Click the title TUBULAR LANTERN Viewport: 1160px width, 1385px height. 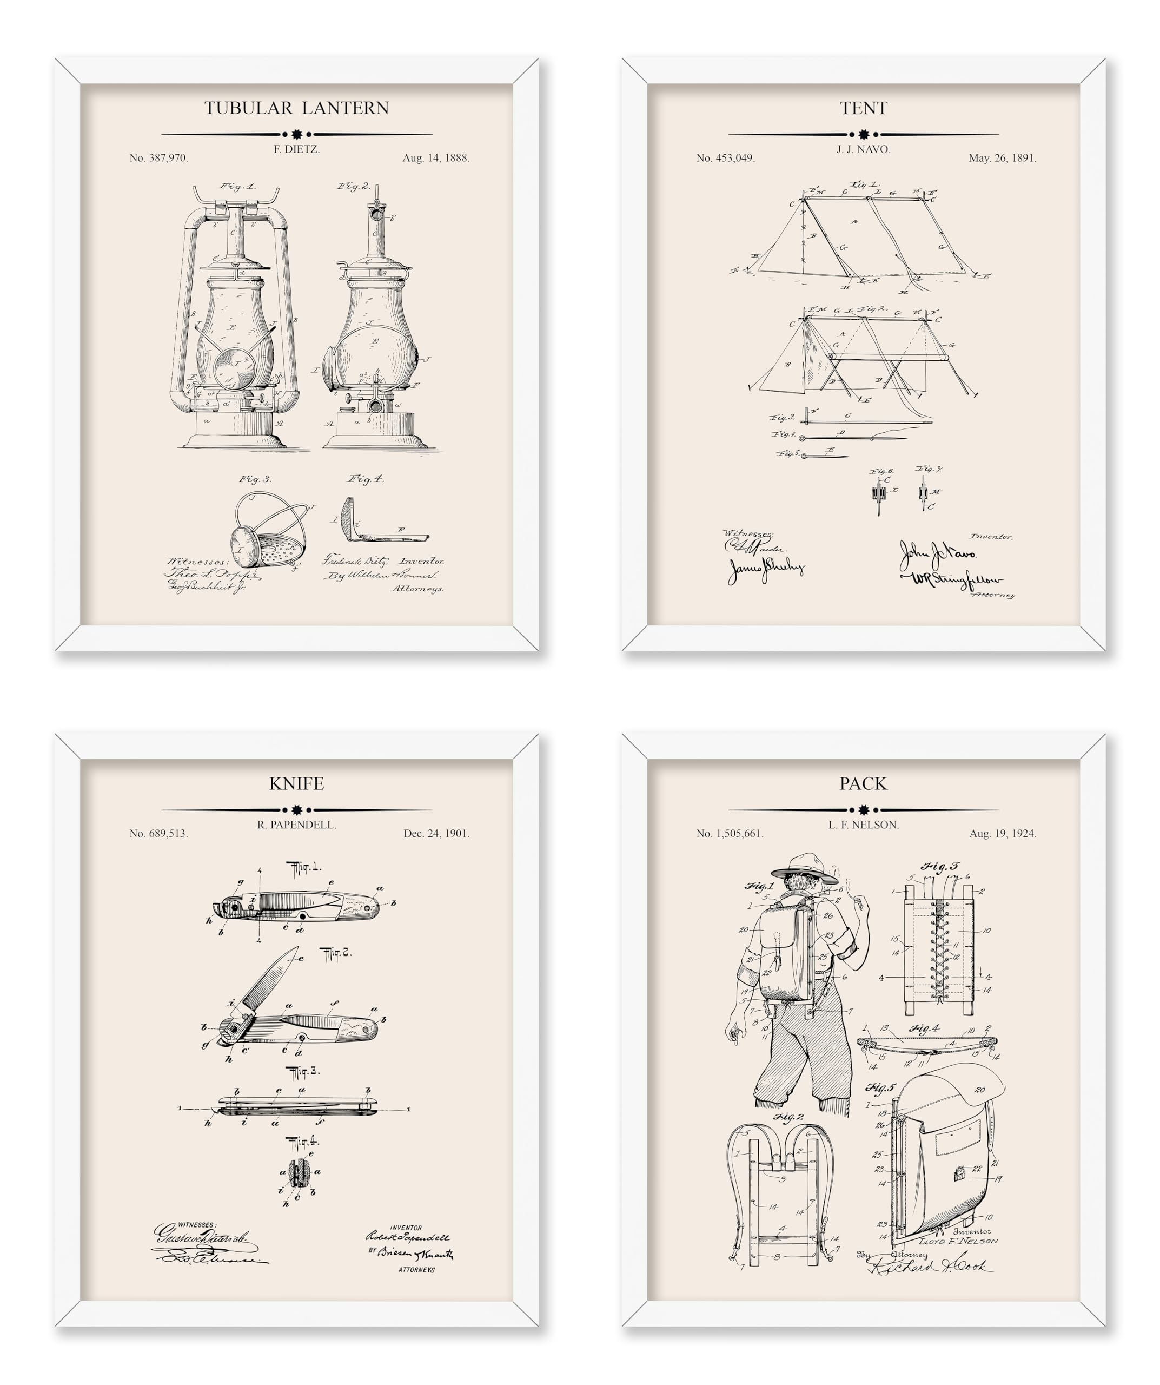[296, 108]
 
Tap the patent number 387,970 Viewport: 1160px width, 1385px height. [159, 159]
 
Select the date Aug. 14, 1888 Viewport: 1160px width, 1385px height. [436, 159]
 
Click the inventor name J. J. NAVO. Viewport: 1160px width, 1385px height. [864, 150]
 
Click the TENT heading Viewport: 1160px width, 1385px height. [864, 108]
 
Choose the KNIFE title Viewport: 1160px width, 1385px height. [296, 783]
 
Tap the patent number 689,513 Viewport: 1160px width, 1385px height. [159, 834]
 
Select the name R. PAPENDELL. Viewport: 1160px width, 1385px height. [296, 825]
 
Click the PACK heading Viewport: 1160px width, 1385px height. [864, 783]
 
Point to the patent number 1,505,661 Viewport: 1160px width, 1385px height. [730, 834]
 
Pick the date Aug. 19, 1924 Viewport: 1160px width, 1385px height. [1003, 834]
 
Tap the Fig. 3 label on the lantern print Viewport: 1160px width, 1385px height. [255, 479]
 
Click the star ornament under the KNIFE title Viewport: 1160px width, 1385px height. [296, 809]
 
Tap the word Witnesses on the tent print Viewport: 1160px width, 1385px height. [748, 533]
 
